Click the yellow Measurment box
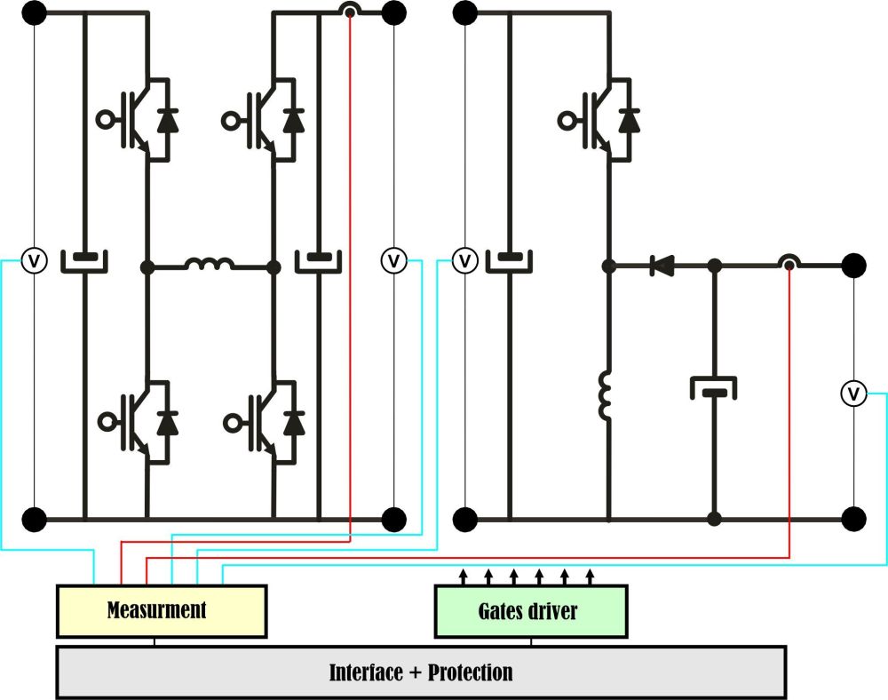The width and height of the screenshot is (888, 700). [x=161, y=611]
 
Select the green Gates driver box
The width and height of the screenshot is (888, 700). [x=530, y=611]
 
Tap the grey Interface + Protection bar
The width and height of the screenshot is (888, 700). [x=420, y=672]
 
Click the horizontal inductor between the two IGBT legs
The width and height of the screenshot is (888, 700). [x=210, y=264]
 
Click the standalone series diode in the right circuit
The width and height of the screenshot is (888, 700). [x=661, y=264]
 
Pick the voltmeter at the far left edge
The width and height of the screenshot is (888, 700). [x=34, y=261]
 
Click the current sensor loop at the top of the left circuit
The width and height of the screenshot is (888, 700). [x=350, y=12]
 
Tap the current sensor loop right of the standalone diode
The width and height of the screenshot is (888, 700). [x=788, y=264]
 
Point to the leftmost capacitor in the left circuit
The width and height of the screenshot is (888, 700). [x=84, y=261]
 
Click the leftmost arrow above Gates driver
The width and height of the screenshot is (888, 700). [x=463, y=576]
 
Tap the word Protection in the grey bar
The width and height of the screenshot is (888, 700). [x=471, y=672]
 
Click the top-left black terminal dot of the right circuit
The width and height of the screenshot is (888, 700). [x=464, y=12]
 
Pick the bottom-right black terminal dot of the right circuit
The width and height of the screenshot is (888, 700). [x=853, y=517]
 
